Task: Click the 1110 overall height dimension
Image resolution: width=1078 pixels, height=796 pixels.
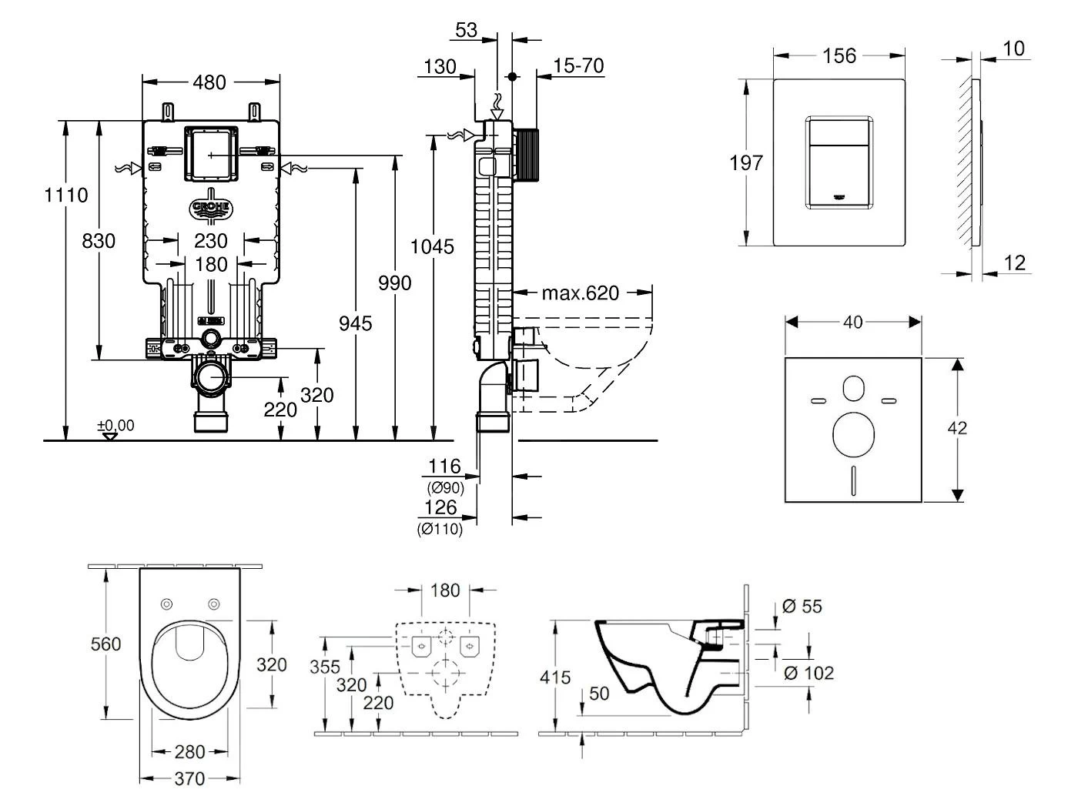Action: coord(65,195)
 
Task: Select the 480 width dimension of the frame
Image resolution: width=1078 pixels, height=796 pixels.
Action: coord(210,81)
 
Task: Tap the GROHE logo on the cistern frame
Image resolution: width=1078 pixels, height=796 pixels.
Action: coord(211,208)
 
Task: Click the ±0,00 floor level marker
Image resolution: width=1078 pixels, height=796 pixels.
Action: coord(115,426)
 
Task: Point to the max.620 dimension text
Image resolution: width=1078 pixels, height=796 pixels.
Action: coord(580,293)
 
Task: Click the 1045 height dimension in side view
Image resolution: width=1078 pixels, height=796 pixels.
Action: coord(432,247)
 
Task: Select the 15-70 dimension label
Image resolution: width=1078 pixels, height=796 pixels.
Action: coord(578,66)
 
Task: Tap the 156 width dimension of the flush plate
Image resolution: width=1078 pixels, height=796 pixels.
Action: coord(839,55)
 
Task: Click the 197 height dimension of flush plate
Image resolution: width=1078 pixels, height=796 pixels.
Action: coord(746,162)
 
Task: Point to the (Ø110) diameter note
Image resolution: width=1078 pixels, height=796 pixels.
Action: coord(440,529)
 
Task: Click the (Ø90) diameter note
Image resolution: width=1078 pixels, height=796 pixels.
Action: coord(445,487)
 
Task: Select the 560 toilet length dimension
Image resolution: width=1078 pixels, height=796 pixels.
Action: coord(105,643)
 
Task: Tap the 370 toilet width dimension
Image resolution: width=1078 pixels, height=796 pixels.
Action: coord(189,779)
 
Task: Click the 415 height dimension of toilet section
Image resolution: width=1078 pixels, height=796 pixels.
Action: coord(555,677)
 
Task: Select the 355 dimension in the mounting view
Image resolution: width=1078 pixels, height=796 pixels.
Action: coord(325,667)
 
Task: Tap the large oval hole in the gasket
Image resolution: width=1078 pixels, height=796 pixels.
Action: coord(854,433)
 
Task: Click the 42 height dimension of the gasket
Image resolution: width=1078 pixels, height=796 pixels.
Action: coord(957,428)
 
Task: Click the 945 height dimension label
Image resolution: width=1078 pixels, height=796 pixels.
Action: coord(355,323)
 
